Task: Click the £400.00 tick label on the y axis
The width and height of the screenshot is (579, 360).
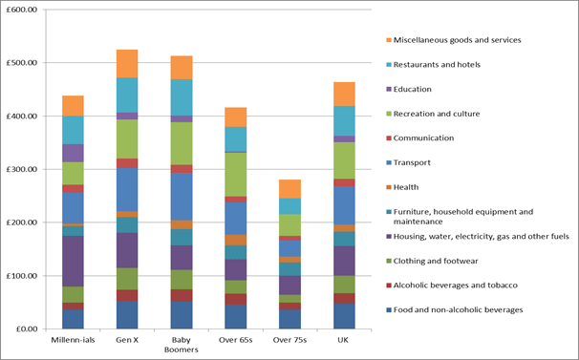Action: coord(22,116)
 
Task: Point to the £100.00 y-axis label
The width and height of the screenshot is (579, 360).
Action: coord(22,276)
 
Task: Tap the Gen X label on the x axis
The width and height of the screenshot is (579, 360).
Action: coord(127,340)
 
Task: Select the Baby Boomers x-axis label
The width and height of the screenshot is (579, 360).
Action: coord(182,345)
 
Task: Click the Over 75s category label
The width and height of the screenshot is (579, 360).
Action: coord(289,340)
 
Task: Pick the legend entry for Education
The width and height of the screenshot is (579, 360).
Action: coord(409,89)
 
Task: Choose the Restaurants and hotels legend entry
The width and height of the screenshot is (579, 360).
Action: coord(433,65)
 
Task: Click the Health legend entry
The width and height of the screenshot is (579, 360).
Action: coord(402,187)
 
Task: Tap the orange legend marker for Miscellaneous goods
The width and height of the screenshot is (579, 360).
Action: coord(389,40)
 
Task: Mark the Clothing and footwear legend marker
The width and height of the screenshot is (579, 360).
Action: coord(389,261)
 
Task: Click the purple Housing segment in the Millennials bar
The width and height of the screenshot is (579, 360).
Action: coord(73,261)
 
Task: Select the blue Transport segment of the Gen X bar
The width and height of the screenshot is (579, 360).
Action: coord(127,189)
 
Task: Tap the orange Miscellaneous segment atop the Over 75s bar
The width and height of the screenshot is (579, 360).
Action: coord(289,189)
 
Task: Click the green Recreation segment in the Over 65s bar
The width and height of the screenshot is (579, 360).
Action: coord(236,175)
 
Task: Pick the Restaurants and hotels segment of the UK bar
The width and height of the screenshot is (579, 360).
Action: coord(344,120)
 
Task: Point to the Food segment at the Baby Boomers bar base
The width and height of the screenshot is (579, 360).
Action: coord(182,315)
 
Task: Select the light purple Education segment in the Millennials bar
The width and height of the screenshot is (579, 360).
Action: coord(73,153)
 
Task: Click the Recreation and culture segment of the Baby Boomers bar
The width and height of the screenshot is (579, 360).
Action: coord(182,143)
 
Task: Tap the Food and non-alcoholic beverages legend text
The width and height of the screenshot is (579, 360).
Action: coord(459,309)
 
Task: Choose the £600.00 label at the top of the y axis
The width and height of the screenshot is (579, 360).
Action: coord(22,10)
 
